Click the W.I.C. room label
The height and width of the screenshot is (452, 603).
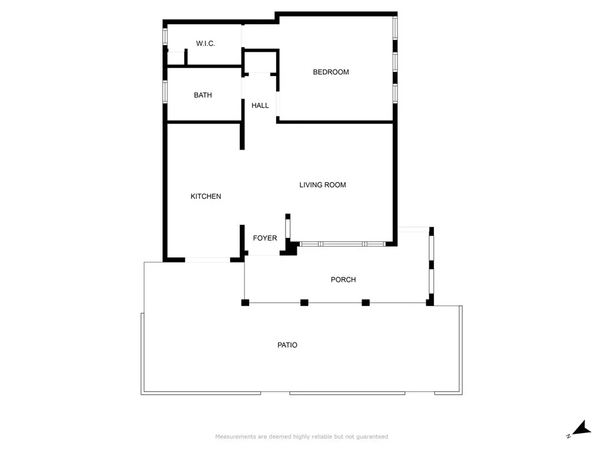pyautogui.click(x=206, y=44)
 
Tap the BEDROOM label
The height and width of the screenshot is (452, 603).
pyautogui.click(x=330, y=72)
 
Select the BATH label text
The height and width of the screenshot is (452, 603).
pyautogui.click(x=203, y=95)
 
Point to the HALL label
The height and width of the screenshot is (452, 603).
pyautogui.click(x=260, y=106)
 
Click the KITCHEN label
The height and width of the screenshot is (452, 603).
pyautogui.click(x=206, y=197)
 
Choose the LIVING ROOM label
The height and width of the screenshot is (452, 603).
pyautogui.click(x=322, y=185)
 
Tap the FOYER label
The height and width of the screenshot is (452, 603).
pyautogui.click(x=264, y=238)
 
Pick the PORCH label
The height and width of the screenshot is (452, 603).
pyautogui.click(x=343, y=280)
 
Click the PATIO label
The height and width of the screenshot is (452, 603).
pyautogui.click(x=287, y=345)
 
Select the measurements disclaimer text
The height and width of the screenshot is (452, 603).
pyautogui.click(x=301, y=437)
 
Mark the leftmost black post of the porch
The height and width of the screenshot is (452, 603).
pyautogui.click(x=245, y=303)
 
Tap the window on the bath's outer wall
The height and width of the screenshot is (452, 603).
pyautogui.click(x=165, y=92)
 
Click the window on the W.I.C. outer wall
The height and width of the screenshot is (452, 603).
pyautogui.click(x=165, y=36)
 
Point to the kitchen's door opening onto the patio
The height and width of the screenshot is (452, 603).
pyautogui.click(x=207, y=259)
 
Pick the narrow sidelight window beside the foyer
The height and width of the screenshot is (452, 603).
pyautogui.click(x=288, y=227)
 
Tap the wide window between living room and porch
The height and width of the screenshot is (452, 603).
pyautogui.click(x=342, y=243)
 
